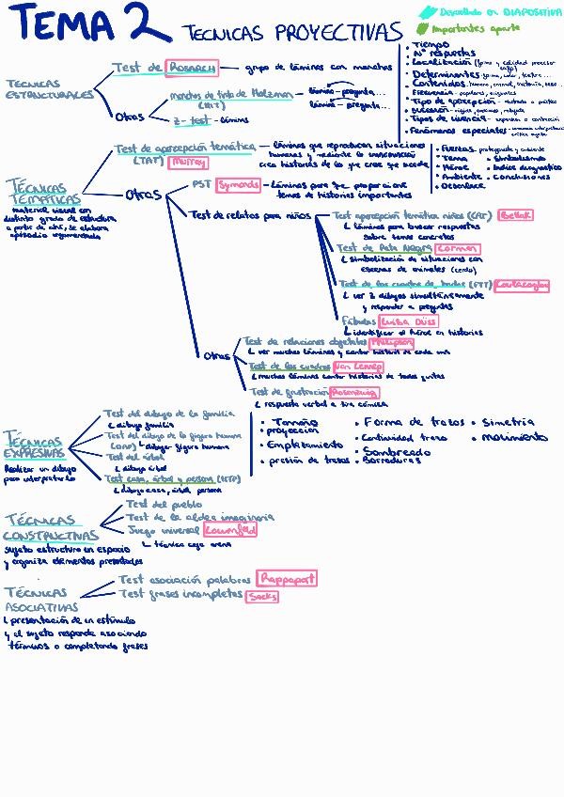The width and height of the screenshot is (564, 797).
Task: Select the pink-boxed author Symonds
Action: click(237, 185)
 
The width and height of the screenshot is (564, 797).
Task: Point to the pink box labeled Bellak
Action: click(515, 215)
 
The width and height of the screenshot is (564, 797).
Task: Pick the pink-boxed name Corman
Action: click(457, 249)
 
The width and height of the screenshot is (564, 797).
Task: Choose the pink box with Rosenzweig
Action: click(353, 391)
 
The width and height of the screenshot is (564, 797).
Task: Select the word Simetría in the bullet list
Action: click(508, 423)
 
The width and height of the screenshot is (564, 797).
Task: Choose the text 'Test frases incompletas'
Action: click(180, 594)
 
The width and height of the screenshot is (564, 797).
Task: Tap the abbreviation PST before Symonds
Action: click(200, 185)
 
